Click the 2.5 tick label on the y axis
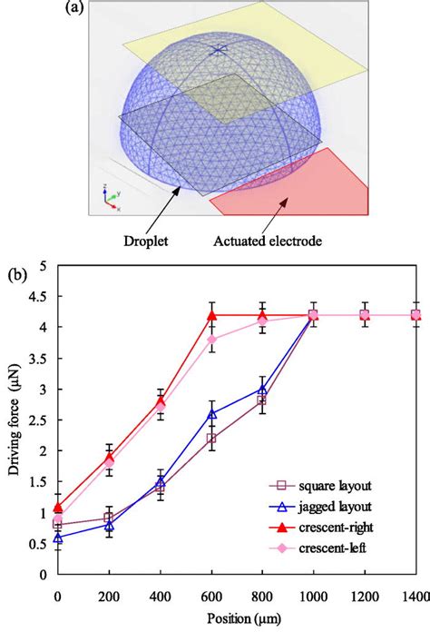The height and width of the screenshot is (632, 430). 36,420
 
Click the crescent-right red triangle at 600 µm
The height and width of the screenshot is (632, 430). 212,315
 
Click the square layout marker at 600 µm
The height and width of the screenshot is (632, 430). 212,439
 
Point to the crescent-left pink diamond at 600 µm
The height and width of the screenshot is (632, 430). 212,340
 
